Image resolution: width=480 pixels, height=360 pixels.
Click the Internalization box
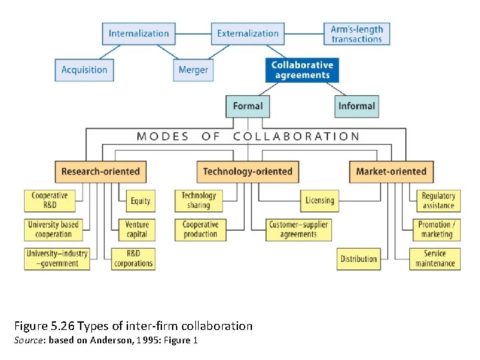[139, 33]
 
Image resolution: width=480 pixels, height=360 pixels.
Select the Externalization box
[248, 33]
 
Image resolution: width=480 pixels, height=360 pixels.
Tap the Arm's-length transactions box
[357, 33]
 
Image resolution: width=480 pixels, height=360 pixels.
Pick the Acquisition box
[84, 70]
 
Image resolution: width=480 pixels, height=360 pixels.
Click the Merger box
[193, 70]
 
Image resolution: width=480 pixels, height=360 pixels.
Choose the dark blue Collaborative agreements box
[302, 70]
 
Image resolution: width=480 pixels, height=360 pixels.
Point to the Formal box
[248, 106]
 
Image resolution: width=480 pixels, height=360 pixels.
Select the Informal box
[357, 106]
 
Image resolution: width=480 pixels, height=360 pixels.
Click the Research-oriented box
[101, 171]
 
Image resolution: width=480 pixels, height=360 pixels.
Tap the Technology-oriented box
[248, 171]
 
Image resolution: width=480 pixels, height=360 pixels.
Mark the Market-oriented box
[391, 171]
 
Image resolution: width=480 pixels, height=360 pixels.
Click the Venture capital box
[137, 229]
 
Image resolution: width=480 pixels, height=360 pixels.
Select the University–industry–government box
[57, 259]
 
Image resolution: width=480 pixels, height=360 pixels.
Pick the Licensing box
[319, 201]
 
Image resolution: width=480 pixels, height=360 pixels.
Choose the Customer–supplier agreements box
[299, 229]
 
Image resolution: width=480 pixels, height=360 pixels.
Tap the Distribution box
[359, 259]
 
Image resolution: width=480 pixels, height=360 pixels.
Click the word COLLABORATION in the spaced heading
[297, 137]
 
